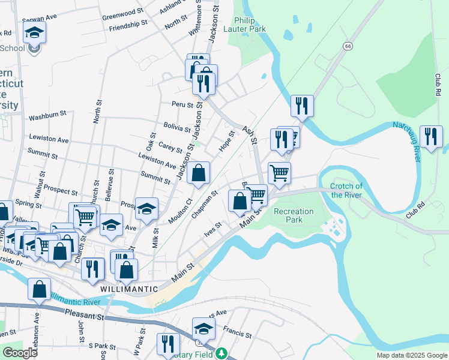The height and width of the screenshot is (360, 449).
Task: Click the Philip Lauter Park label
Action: (x=245, y=24)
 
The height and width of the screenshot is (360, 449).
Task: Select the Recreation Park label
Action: (x=294, y=215)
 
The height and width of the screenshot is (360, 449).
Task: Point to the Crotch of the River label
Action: (x=346, y=190)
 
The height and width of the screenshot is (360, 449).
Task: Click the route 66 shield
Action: (x=348, y=46)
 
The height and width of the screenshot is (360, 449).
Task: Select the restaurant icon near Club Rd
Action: (x=431, y=136)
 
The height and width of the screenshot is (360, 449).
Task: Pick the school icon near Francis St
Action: (x=203, y=328)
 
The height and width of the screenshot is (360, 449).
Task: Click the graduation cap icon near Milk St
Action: (x=146, y=209)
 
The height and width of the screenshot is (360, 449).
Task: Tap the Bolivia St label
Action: (x=177, y=128)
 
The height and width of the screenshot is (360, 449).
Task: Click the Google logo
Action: (x=20, y=353)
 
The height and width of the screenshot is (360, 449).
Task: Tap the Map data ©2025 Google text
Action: (x=411, y=355)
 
